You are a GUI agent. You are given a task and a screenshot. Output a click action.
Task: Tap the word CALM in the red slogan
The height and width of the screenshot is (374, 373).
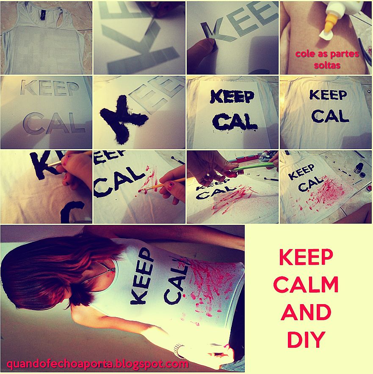[306, 285]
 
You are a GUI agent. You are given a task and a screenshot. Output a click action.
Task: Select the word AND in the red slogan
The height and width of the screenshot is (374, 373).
[306, 312]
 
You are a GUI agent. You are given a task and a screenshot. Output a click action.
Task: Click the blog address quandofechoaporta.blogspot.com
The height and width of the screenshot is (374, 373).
[97, 364]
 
